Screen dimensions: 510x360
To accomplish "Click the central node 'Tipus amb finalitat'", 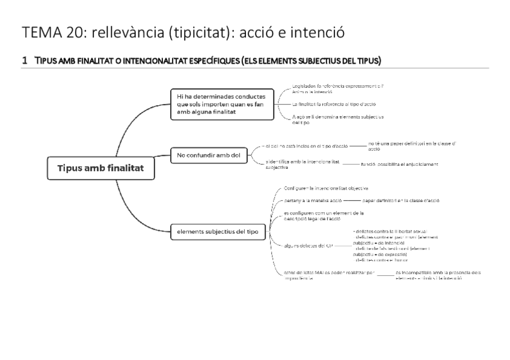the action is [x=100, y=168].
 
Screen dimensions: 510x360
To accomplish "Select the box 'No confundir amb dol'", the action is [x=208, y=156].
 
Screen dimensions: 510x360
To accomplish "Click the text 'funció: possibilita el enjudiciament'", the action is [x=399, y=164].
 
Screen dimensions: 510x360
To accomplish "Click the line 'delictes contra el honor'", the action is [x=382, y=260].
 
